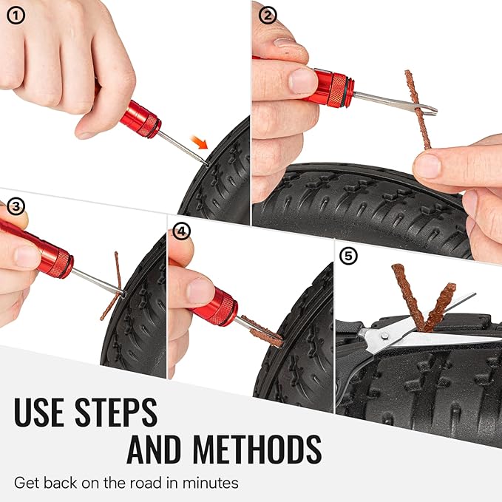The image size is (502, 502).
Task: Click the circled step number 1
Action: click(x=13, y=13)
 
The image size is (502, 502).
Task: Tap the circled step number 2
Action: click(x=268, y=13)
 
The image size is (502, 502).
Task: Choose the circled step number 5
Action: click(x=348, y=257)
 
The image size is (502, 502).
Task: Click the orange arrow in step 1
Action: click(x=216, y=138)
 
